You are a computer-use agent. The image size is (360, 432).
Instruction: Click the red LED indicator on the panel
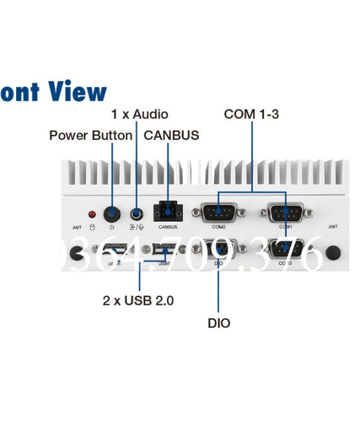point(92,214)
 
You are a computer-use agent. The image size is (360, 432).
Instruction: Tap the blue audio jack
point(137,214)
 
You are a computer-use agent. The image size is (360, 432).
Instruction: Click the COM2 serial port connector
point(218,212)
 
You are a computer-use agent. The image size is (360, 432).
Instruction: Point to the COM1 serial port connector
point(285,212)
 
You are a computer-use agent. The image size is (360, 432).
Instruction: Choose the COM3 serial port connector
point(285,248)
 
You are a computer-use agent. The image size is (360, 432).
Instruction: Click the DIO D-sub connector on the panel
point(218,248)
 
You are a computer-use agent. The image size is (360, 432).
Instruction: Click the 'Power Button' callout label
point(91,136)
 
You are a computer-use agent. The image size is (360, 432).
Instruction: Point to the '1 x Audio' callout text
point(140,114)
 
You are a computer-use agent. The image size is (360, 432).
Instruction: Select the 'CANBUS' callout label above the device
point(171,136)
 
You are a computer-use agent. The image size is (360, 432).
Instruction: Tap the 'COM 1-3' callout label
point(251,114)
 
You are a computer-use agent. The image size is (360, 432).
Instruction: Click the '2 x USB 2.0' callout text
point(138,301)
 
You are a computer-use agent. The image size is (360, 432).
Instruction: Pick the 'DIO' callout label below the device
point(219,323)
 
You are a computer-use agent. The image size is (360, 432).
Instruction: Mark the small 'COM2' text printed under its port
point(218,227)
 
